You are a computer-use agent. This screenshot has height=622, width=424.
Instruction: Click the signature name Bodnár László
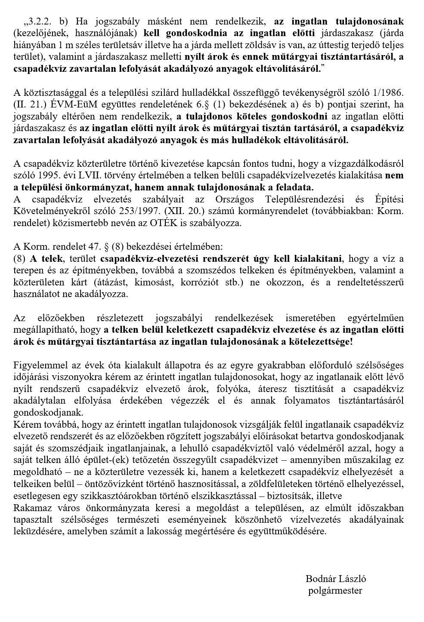(335, 579)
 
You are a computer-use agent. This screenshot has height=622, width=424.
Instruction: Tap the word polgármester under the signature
(335, 590)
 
